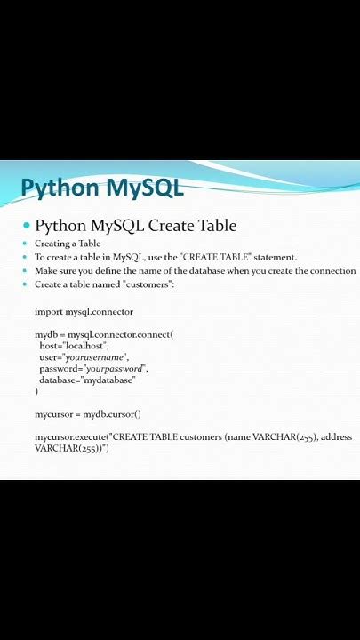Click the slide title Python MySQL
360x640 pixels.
101,188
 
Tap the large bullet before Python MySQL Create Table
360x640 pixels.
27,226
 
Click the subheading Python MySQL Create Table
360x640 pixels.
135,226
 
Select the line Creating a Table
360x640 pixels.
68,244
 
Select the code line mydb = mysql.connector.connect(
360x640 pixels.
104,334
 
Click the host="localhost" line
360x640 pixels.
74,345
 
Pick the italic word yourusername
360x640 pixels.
97,356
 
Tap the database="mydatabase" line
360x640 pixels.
87,380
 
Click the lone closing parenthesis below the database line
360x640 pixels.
36,391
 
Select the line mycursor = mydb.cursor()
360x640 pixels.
88,413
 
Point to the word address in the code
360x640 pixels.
336,436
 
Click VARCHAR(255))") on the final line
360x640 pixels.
71,448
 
